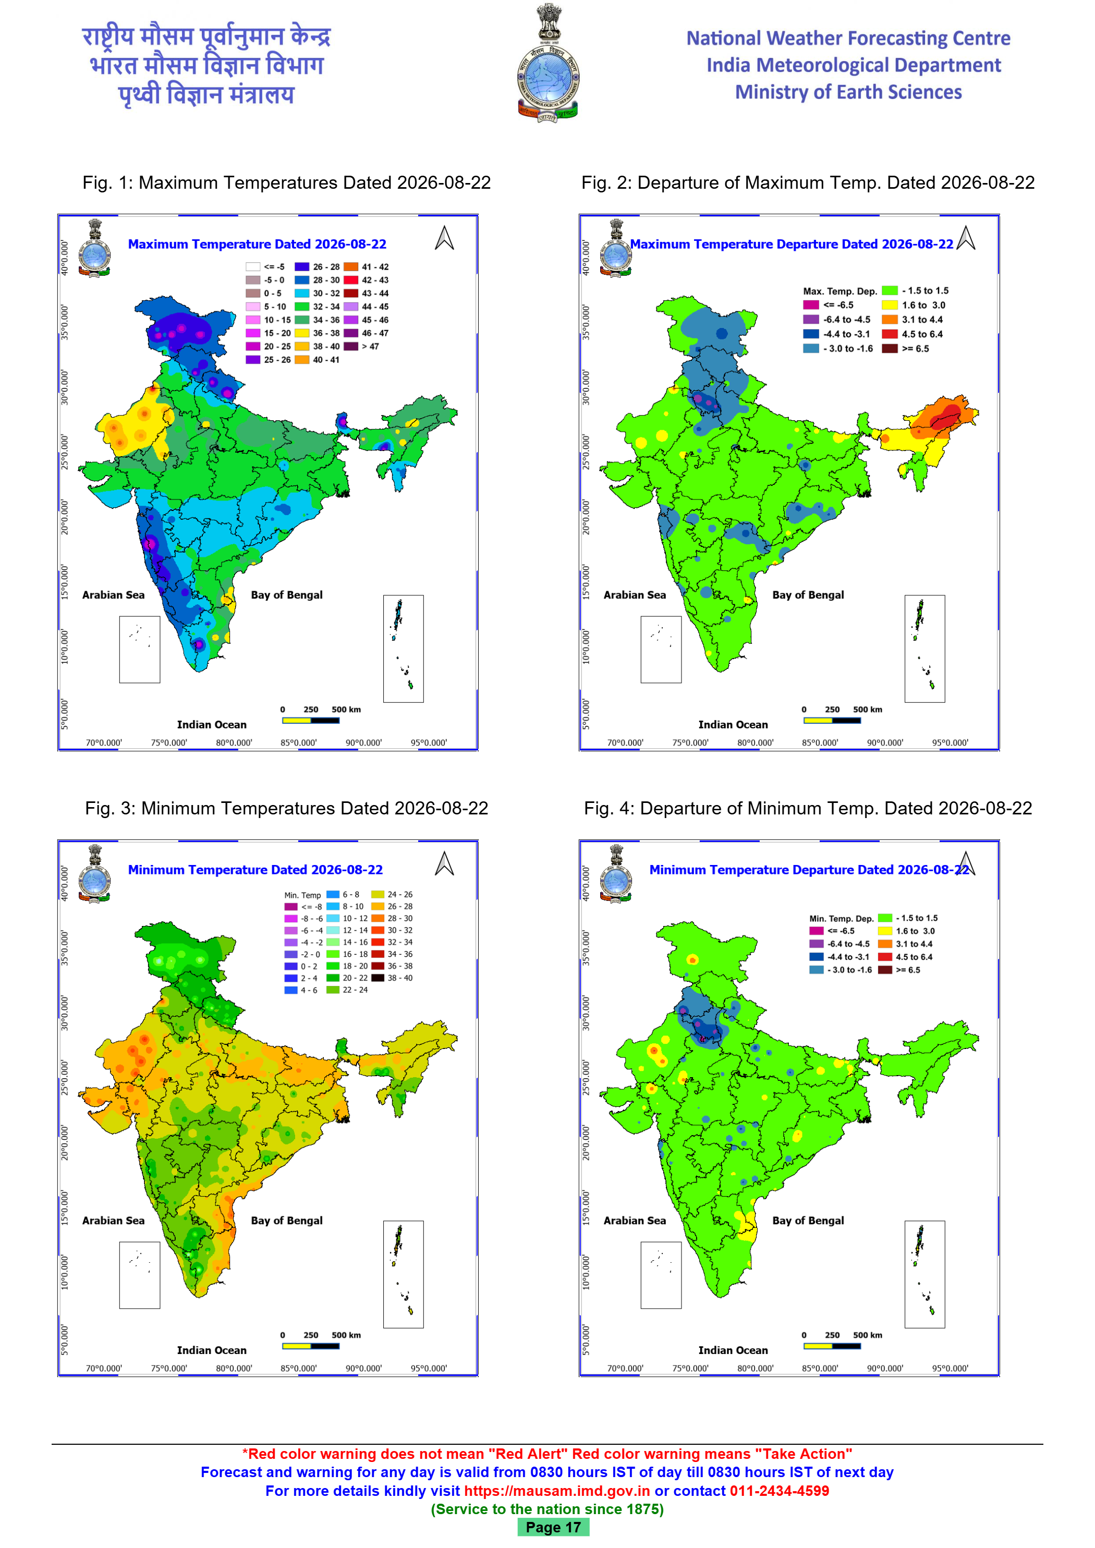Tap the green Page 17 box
pyautogui.click(x=553, y=1527)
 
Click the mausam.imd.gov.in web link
pyautogui.click(x=557, y=1491)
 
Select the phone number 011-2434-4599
pyautogui.click(x=780, y=1491)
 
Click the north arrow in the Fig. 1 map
pyautogui.click(x=444, y=237)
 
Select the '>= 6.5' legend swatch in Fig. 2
pyautogui.click(x=890, y=349)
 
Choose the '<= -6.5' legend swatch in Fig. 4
pyautogui.click(x=817, y=931)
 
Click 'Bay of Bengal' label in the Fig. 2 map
pyautogui.click(x=808, y=595)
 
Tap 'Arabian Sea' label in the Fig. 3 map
pyautogui.click(x=113, y=1221)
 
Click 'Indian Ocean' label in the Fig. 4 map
pyautogui.click(x=733, y=1350)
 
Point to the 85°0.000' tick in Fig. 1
pyautogui.click(x=299, y=743)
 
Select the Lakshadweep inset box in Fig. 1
pyautogui.click(x=140, y=649)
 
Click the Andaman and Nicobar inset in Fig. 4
pyautogui.click(x=924, y=1274)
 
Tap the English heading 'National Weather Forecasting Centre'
pyautogui.click(x=848, y=39)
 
